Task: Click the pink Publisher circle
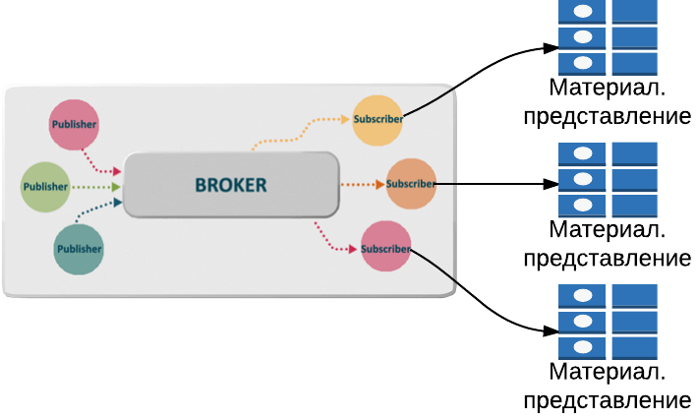pos(74,125)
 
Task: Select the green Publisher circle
pos(45,187)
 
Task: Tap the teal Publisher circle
pos(79,249)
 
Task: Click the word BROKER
pos(230,185)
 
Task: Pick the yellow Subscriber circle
pos(378,120)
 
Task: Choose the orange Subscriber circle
pos(411,184)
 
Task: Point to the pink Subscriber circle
pos(385,247)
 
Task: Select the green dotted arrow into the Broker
pos(95,186)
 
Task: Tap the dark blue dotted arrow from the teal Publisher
pos(98,211)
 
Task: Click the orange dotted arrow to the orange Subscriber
pos(362,184)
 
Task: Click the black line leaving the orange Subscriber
pos(447,183)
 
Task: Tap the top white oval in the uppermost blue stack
pos(583,12)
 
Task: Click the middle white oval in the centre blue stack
pos(583,180)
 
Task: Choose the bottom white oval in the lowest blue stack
pos(583,347)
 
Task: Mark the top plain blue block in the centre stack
pos(634,153)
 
